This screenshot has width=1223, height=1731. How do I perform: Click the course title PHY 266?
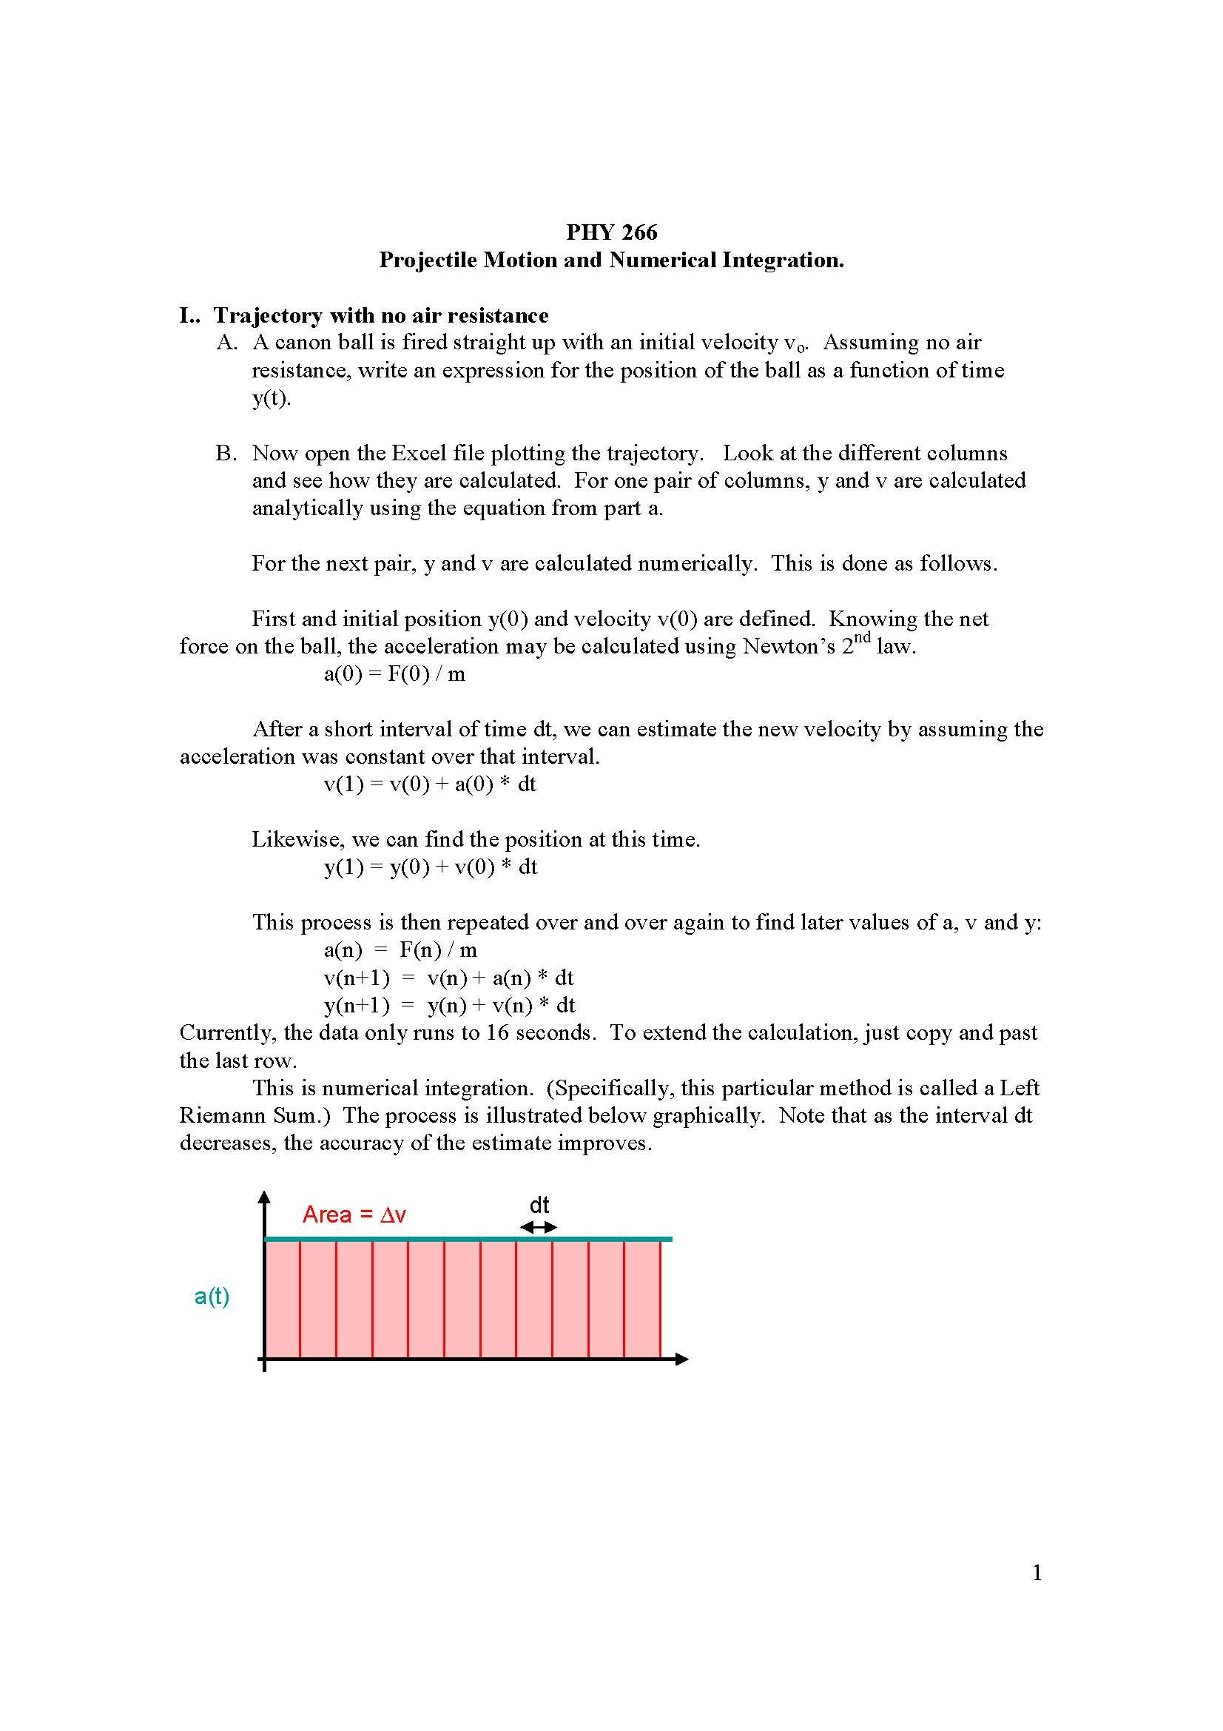[611, 232]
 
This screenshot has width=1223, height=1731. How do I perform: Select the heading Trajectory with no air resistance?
[380, 315]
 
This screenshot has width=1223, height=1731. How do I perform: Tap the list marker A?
[226, 343]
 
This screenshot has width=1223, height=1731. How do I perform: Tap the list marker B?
[226, 453]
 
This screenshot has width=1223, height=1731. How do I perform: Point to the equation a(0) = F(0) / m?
[394, 674]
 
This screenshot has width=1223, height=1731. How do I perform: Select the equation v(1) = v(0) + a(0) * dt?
[430, 784]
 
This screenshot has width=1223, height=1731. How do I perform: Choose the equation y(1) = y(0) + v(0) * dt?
[431, 867]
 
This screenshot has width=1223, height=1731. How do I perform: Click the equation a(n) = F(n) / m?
[400, 950]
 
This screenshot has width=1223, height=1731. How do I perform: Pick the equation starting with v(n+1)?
[448, 978]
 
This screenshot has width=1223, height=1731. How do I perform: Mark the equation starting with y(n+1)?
[449, 1005]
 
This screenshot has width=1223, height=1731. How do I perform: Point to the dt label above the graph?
[539, 1205]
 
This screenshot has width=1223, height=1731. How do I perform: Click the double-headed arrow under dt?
[539, 1227]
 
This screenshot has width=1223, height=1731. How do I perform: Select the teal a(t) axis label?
[212, 1296]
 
